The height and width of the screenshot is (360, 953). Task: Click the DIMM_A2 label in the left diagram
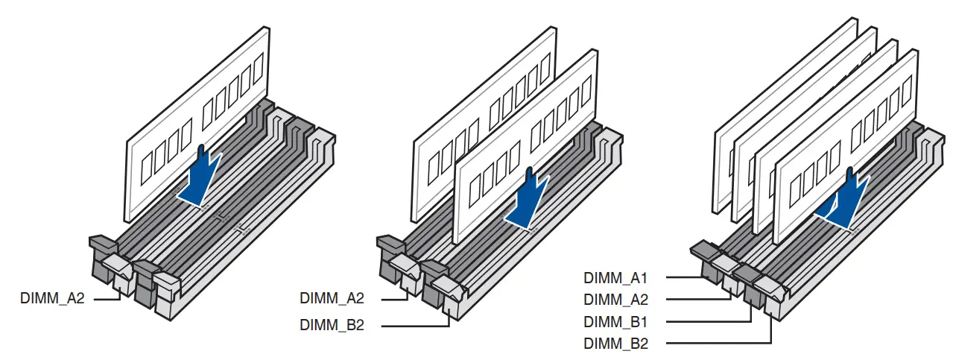pos(52,299)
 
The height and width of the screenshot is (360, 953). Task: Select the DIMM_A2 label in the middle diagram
pos(332,299)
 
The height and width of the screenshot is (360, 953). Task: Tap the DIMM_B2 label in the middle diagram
pos(332,325)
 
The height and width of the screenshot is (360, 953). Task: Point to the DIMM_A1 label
pos(615,278)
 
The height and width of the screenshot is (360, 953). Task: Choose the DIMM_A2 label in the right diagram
pos(615,300)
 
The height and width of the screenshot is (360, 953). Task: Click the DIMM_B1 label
pos(615,322)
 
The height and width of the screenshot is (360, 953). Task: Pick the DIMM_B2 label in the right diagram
pos(615,344)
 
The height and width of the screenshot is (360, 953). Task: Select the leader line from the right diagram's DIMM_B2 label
pos(715,344)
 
